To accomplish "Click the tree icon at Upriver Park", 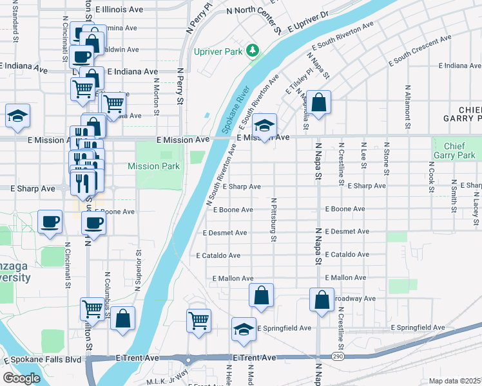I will pos(253,50).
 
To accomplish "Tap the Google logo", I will pos(21,378).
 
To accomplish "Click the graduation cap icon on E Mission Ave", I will pos(264,125).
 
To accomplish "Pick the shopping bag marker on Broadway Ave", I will pos(322,299).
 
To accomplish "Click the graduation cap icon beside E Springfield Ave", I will pos(244,329).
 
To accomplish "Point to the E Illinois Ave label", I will pos(119,10).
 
